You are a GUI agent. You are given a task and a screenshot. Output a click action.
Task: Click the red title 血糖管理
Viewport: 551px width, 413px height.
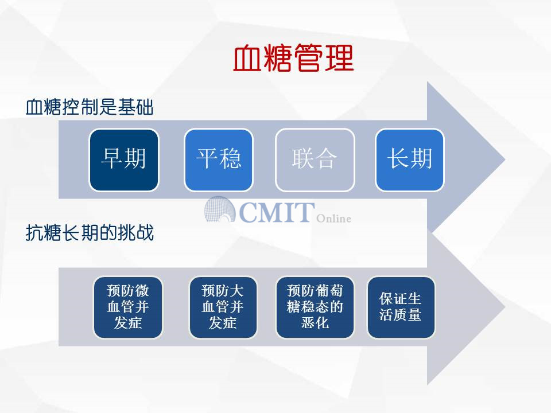click(293, 58)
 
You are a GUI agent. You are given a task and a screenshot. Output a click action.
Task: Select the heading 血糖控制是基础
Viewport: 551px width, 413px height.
click(90, 107)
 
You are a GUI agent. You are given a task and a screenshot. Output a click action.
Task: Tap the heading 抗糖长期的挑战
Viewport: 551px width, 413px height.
click(90, 232)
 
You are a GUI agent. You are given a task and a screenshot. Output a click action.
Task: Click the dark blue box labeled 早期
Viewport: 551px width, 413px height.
click(124, 160)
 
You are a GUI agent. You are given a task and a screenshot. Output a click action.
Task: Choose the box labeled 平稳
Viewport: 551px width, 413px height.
click(219, 160)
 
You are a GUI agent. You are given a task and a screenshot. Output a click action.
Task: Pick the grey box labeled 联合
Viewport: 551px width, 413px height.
click(315, 160)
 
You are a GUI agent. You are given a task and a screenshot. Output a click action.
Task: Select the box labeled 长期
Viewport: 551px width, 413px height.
click(410, 160)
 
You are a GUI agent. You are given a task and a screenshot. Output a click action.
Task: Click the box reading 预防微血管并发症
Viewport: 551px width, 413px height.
click(128, 307)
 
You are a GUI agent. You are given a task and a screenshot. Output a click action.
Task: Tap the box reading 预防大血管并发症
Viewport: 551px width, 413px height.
click(223, 307)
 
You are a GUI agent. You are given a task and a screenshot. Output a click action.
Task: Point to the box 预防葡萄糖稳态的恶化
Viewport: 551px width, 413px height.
click(315, 307)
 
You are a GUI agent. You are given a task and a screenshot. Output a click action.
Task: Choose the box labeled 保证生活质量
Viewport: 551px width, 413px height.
click(401, 307)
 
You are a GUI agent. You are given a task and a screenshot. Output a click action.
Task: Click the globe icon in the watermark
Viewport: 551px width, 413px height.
click(220, 209)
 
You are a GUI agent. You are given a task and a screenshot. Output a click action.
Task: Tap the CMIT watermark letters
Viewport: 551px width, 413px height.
click(277, 212)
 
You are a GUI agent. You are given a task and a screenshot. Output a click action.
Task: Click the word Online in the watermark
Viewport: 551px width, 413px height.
click(333, 219)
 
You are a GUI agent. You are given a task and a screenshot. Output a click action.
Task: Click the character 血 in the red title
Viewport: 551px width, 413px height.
click(247, 59)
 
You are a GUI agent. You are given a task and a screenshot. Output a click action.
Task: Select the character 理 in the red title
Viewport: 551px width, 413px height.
click(339, 59)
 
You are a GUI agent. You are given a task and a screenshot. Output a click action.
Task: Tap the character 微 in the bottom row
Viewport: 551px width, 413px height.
click(142, 291)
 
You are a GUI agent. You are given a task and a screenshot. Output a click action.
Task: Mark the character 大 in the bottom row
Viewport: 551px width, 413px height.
click(236, 291)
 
